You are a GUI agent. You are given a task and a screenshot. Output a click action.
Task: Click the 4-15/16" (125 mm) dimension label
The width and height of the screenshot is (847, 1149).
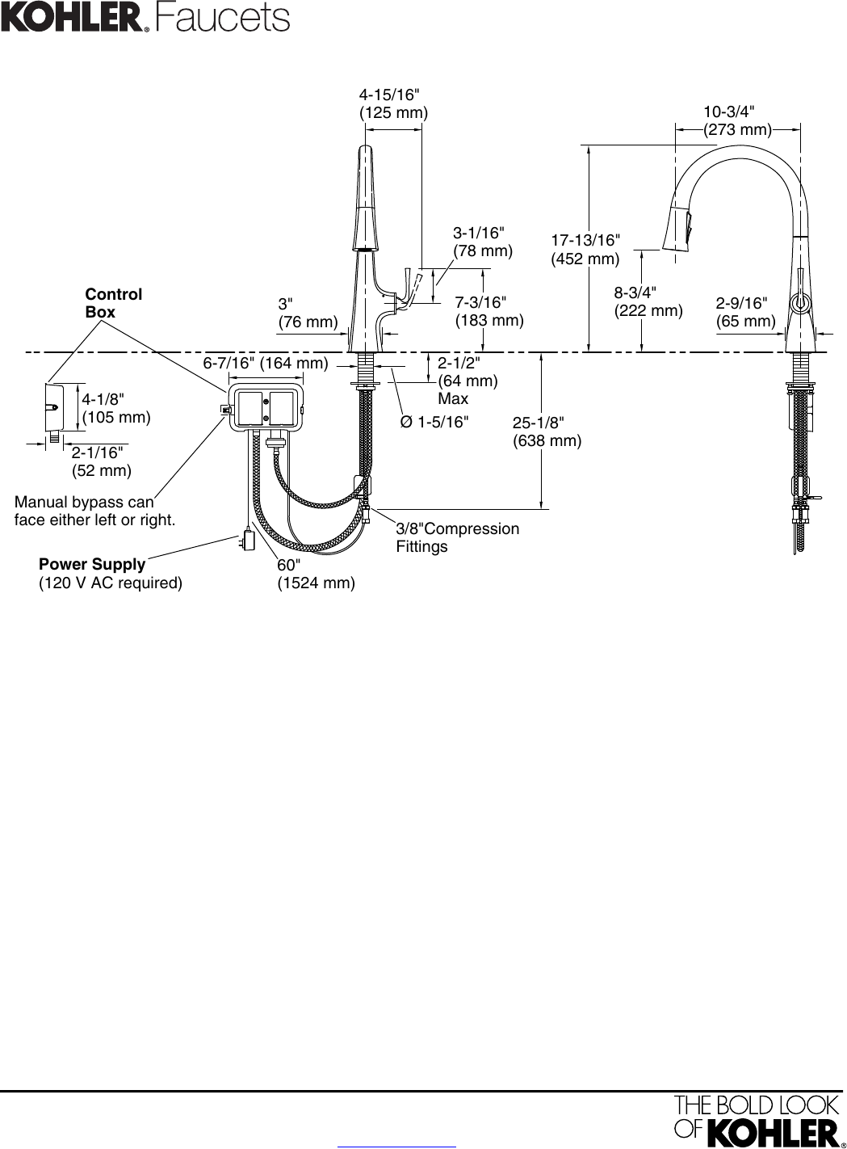393,103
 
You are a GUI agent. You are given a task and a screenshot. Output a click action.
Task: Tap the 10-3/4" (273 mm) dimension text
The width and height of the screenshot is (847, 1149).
737,120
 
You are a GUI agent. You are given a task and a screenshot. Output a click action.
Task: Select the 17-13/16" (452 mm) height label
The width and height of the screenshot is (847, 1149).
585,250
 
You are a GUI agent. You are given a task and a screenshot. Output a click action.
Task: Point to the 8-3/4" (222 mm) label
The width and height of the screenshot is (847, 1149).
648,301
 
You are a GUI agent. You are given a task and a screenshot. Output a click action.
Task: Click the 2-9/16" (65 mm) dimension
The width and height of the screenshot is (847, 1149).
746,312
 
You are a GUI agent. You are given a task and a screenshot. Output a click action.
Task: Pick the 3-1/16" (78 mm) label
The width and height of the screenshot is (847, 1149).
483,242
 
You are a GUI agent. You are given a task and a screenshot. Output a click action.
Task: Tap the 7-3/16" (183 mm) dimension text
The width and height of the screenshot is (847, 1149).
489,311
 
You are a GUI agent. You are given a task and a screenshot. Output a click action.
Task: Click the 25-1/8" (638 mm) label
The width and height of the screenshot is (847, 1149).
547,431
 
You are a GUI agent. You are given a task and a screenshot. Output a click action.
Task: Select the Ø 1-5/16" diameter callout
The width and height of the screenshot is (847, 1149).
434,422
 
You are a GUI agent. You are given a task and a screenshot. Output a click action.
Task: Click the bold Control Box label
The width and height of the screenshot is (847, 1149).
113,303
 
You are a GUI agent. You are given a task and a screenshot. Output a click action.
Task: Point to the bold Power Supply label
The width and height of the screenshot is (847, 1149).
92,564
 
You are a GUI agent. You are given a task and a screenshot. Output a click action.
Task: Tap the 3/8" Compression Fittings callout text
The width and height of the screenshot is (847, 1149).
457,537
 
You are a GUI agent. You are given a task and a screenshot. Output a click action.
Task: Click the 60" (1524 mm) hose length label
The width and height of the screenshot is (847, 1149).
317,574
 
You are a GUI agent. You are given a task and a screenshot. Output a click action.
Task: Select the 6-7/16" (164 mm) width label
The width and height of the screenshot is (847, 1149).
266,363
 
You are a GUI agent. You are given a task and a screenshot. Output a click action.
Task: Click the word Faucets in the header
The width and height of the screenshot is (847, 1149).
223,19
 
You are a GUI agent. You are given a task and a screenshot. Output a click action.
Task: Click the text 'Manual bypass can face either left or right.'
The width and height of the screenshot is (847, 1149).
94,511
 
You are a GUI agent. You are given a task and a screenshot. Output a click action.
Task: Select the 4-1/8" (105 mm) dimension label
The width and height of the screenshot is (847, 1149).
116,408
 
